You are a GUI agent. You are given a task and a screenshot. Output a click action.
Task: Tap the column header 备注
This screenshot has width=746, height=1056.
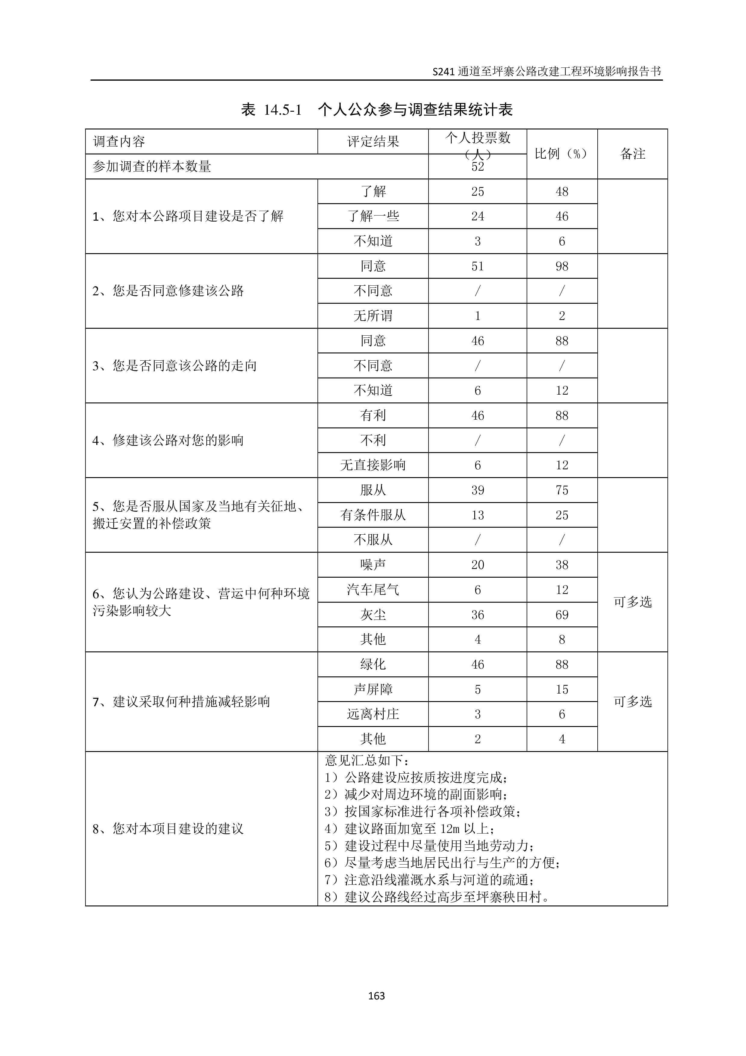point(633,154)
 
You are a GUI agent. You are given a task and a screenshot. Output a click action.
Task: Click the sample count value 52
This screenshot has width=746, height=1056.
point(478,166)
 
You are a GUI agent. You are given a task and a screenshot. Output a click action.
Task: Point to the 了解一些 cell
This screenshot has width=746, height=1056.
point(373,216)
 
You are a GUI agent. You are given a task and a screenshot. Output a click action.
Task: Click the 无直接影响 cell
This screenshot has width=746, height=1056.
point(373,465)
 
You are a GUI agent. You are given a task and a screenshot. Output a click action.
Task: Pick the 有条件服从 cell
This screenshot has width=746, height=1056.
point(373,515)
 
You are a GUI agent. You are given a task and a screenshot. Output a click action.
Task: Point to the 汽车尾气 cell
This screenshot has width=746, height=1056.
point(373,590)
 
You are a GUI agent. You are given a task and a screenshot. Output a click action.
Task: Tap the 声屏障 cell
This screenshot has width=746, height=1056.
point(373,689)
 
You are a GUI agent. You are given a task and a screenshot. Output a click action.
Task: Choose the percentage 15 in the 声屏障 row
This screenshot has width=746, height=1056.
point(562,689)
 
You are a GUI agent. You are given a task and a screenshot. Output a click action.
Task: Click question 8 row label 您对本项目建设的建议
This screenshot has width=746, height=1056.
point(168,829)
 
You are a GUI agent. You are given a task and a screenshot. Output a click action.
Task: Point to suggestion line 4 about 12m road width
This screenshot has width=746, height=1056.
point(409,829)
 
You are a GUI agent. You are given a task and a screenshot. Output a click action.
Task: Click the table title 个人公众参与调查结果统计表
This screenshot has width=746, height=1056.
point(415,110)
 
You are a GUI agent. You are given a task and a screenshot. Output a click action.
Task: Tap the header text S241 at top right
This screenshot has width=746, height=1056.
point(444,72)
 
